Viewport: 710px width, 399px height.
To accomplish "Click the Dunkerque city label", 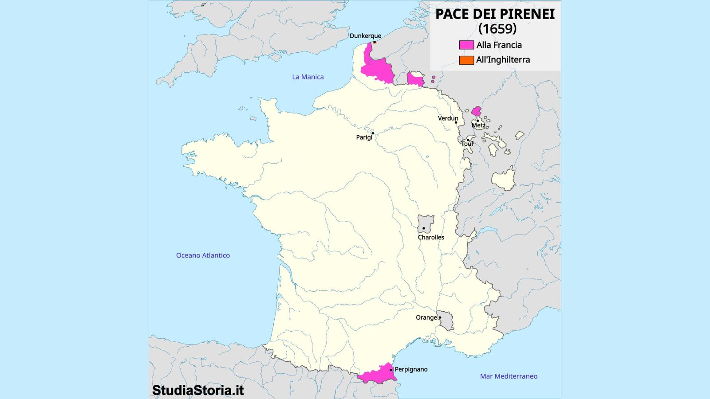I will coord(365,36).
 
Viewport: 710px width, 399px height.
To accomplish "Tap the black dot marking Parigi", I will coord(373,133).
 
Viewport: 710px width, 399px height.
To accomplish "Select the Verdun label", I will coord(448,118).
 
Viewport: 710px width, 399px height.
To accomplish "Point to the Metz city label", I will coord(478,125).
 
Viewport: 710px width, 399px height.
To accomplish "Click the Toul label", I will coord(467,144).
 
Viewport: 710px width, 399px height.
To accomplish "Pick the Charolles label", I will coord(430,238).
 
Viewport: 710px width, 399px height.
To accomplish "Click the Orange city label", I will coord(426,317).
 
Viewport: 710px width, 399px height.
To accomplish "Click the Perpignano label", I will coord(411,369).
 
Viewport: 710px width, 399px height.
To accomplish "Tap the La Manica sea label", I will coord(308,77).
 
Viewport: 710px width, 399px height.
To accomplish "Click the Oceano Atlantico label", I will coord(203,255).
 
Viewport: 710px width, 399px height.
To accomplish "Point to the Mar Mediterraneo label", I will coord(509,376).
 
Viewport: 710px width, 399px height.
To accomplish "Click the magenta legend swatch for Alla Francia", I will coord(466,45).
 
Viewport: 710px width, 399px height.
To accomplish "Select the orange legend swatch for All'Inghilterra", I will coord(466,60).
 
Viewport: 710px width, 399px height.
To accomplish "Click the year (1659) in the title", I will coord(497,29).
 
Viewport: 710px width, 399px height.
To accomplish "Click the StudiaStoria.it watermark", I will coord(198,390).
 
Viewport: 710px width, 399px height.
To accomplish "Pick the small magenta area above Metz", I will coord(477,111).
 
